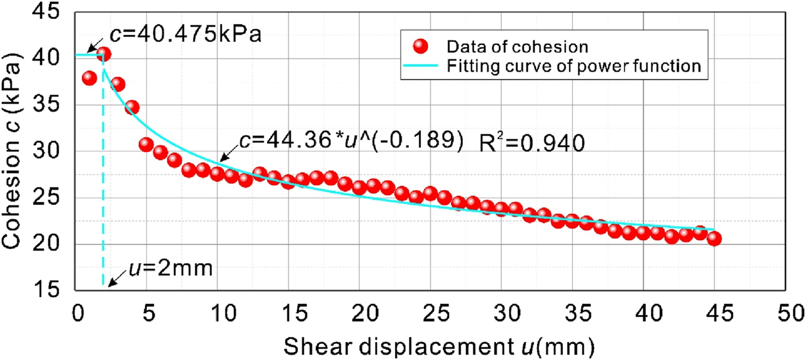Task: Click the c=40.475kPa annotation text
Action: (x=186, y=33)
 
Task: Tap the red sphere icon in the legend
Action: (x=421, y=46)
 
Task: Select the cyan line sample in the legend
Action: (x=421, y=66)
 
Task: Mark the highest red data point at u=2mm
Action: (x=104, y=54)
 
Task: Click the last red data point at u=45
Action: (x=714, y=239)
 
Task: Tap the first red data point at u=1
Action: (x=89, y=78)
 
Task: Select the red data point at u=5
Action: (x=146, y=144)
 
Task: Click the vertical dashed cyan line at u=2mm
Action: (x=103, y=185)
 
